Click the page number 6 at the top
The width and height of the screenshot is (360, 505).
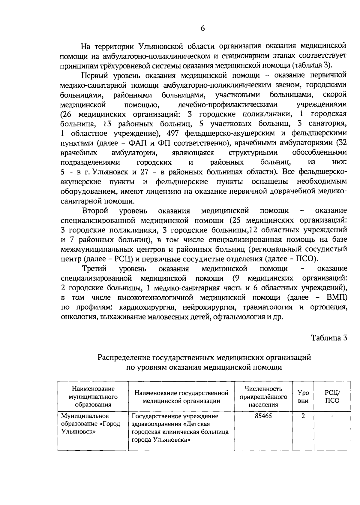pyautogui.click(x=202, y=29)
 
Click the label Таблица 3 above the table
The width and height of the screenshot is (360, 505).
pyautogui.click(x=329, y=338)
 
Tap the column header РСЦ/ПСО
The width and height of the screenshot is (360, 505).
pyautogui.click(x=332, y=397)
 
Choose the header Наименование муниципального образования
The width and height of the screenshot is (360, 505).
pyautogui.click(x=93, y=397)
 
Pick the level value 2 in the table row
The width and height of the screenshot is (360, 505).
pyautogui.click(x=303, y=416)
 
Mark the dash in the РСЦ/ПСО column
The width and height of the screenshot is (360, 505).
pyautogui.click(x=332, y=416)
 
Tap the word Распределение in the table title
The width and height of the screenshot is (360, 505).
pyautogui.click(x=124, y=358)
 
